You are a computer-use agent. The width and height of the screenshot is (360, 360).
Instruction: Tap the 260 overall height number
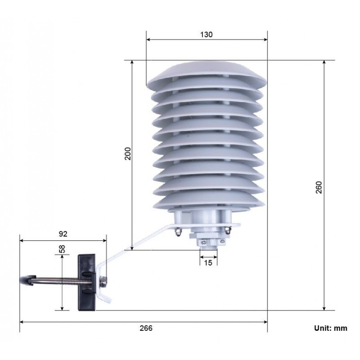[318, 187]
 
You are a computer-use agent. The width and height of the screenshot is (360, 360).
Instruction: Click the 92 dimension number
[63, 234]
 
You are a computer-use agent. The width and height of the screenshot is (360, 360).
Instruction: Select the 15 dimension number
[208, 263]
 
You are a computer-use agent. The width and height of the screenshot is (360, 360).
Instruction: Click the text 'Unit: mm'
[330, 328]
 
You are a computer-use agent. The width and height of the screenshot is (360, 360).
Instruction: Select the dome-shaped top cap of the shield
[207, 72]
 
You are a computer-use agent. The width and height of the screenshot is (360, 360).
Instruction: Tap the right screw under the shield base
[228, 231]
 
